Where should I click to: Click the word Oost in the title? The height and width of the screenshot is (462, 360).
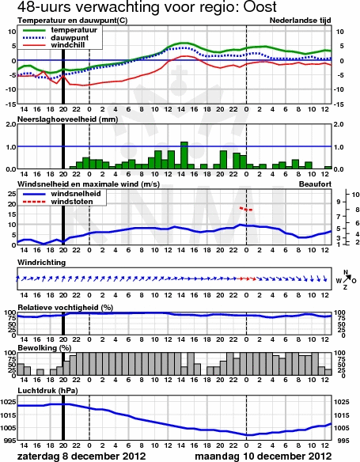[x=260, y=6]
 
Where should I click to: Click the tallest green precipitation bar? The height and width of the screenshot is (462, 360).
[x=184, y=155]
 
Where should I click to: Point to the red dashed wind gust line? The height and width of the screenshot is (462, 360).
[x=246, y=209]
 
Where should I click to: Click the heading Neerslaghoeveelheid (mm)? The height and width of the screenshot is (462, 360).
[x=68, y=119]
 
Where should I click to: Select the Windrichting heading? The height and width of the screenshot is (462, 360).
[x=41, y=263]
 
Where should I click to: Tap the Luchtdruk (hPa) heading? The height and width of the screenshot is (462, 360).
[x=47, y=391]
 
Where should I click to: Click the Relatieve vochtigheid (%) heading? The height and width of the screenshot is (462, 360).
[x=66, y=308]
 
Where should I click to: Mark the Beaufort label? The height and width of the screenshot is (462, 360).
[x=315, y=184]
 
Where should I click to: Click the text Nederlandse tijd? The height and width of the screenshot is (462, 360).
[x=300, y=21]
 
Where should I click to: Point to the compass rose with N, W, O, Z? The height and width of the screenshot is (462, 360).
[x=346, y=280]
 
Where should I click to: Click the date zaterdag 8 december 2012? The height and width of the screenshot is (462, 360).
[x=81, y=456]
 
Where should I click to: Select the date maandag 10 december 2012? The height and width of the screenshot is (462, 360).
[x=263, y=456]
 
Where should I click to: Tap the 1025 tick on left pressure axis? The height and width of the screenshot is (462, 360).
[x=9, y=402]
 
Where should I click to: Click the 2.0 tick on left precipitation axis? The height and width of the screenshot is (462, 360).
[x=10, y=124]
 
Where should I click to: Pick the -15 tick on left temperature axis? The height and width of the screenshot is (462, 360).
[x=10, y=104]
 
